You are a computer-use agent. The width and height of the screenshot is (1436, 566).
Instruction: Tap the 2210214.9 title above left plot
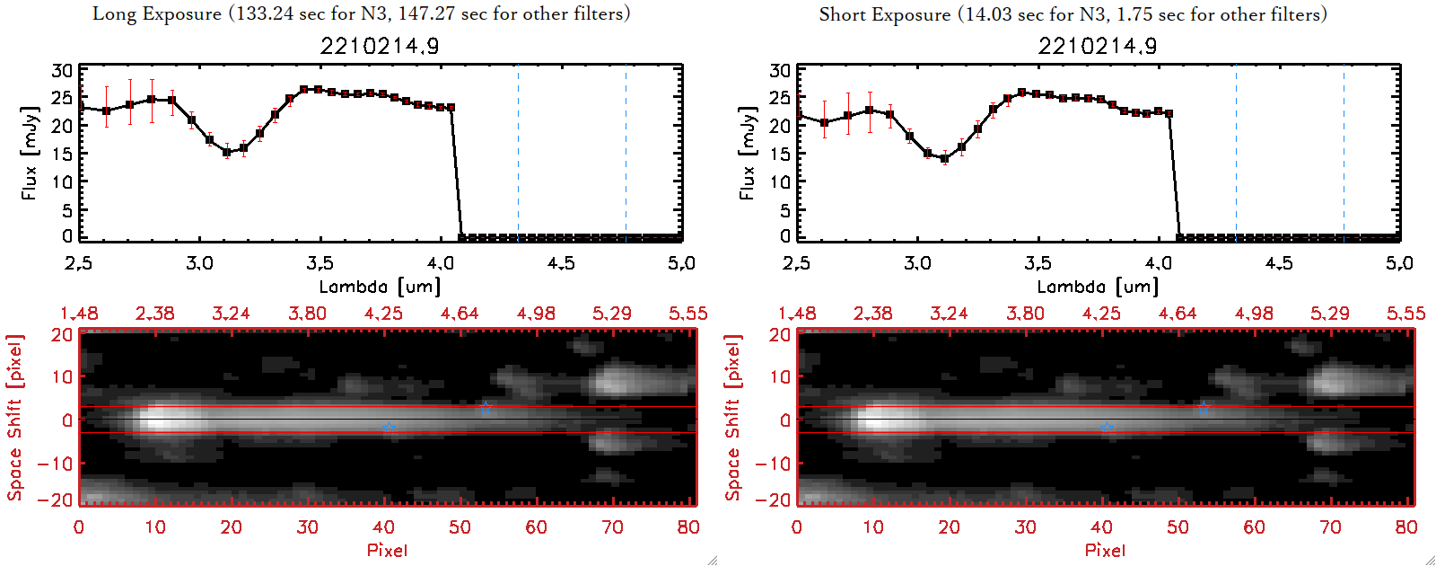(x=380, y=46)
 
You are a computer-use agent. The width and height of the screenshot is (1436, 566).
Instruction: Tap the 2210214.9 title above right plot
(x=1098, y=46)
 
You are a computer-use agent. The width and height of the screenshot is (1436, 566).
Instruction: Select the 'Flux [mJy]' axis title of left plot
(x=30, y=153)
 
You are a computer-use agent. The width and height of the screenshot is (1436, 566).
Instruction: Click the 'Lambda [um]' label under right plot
(x=1098, y=287)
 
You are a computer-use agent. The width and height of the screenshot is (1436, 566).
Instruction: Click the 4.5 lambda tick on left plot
(x=561, y=263)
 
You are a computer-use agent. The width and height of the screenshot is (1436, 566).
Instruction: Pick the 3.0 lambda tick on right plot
(x=917, y=263)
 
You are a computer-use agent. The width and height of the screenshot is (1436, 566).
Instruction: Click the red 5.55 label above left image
(x=687, y=314)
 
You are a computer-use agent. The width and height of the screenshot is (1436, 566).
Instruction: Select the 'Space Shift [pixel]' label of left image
(x=14, y=418)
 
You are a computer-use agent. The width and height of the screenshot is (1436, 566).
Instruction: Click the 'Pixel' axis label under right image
(x=1105, y=550)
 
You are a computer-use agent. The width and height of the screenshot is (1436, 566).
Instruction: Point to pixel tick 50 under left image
(x=460, y=527)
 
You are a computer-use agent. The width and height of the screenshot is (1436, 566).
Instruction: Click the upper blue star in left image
(x=486, y=409)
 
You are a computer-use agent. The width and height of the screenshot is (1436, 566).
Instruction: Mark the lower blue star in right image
(x=1107, y=429)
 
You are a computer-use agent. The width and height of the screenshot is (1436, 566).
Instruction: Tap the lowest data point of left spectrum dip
(x=227, y=153)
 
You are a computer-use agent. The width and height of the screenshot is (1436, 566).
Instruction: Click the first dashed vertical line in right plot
(x=1236, y=153)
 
